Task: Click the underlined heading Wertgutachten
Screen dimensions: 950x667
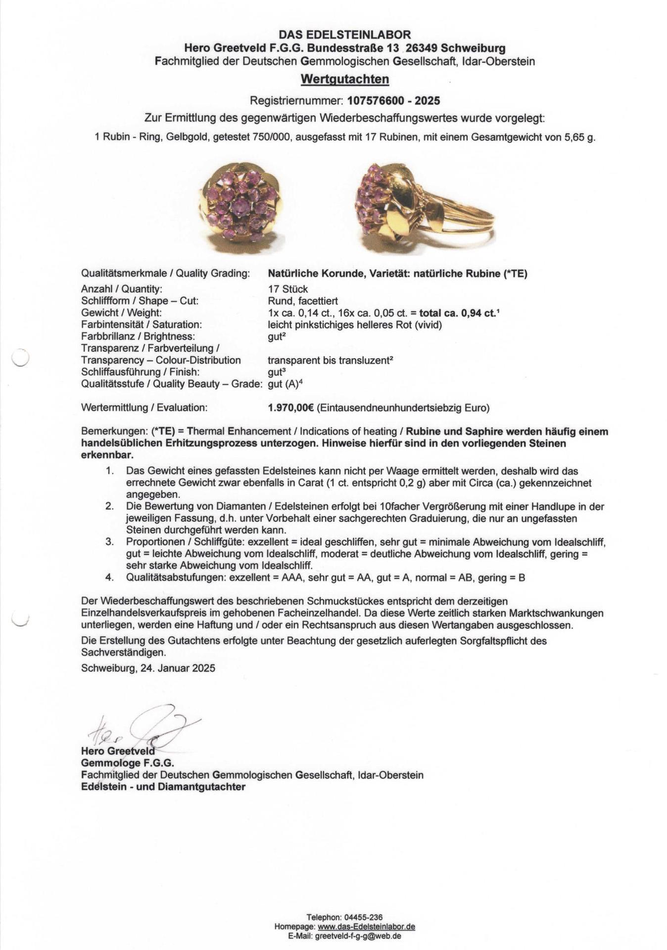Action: [344, 79]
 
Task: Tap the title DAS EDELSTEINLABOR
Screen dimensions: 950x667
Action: [344, 35]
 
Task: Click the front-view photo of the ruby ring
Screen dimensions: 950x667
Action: [242, 204]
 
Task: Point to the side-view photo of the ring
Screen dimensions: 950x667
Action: [424, 203]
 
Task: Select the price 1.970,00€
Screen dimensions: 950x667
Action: [290, 408]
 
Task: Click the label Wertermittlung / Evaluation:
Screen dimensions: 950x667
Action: [144, 408]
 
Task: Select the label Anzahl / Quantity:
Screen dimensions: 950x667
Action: [122, 289]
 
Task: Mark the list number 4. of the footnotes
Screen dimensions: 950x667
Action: [109, 577]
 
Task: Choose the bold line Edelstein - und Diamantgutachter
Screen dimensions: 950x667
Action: [163, 787]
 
